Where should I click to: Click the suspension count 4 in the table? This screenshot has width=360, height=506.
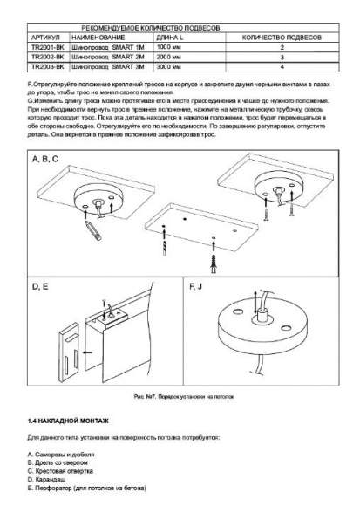[282, 66]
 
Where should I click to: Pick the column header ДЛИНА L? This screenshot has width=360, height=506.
[170, 39]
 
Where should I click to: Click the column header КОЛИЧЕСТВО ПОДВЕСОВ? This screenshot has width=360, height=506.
[281, 39]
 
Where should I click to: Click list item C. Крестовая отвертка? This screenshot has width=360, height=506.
[65, 472]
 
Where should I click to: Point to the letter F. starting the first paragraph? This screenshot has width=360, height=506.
[31, 83]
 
